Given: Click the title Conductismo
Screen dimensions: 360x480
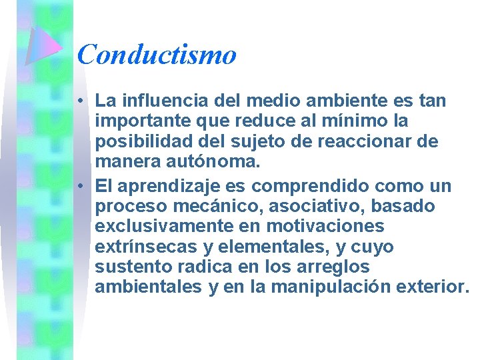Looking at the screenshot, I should pyautogui.click(x=157, y=54).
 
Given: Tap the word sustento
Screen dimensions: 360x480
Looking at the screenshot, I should pyautogui.click(x=133, y=267).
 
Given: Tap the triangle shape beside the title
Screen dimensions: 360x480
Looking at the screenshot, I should pyautogui.click(x=44, y=46).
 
